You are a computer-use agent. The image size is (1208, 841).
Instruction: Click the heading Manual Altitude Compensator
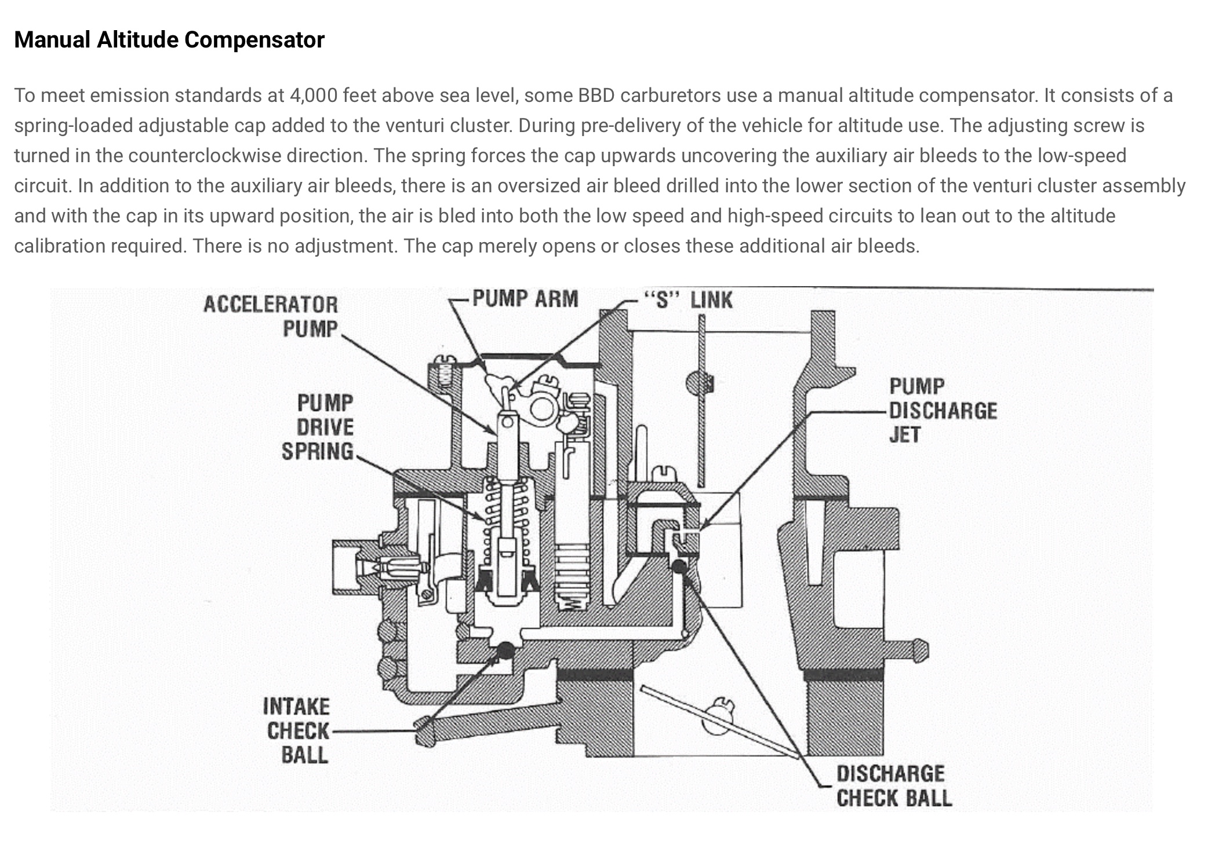pos(169,40)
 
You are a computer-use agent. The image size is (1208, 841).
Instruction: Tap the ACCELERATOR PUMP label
pos(270,316)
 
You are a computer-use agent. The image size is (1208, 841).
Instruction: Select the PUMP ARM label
pos(525,299)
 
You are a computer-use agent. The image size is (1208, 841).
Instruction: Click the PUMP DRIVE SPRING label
pos(318,427)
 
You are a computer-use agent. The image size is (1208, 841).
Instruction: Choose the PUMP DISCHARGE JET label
pos(943,411)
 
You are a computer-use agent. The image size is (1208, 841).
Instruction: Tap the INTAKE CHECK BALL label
pos(296,731)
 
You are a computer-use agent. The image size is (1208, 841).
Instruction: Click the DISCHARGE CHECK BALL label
pos(894,786)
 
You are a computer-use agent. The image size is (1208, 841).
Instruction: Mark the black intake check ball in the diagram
pos(505,650)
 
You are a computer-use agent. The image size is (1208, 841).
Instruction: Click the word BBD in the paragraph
pos(596,96)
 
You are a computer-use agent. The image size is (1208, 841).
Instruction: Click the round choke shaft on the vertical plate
pos(697,383)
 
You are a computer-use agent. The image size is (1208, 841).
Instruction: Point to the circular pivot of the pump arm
pos(541,409)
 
